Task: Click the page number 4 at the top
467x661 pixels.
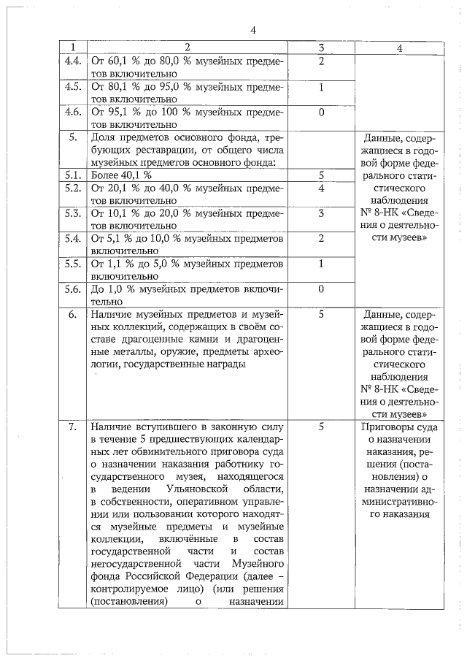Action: tap(253, 30)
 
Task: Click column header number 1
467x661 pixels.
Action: tap(72, 47)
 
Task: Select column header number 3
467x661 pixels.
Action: tap(321, 47)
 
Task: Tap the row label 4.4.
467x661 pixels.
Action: tap(72, 60)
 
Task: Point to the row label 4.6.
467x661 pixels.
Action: tap(72, 112)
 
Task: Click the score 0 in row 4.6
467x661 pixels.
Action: tap(321, 112)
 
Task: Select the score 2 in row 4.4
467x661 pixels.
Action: tap(321, 60)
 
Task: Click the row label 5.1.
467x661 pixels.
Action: tap(72, 175)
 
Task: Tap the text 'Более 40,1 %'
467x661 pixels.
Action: tap(121, 175)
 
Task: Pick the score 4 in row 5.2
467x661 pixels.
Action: tap(321, 188)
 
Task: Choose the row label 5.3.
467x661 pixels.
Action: tap(72, 213)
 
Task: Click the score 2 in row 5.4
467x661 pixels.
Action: tap(321, 238)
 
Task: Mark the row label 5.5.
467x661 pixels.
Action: tap(72, 264)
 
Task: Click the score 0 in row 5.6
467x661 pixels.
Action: tap(321, 289)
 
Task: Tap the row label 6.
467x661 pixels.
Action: tap(72, 315)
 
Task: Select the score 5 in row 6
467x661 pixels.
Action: tap(321, 315)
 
